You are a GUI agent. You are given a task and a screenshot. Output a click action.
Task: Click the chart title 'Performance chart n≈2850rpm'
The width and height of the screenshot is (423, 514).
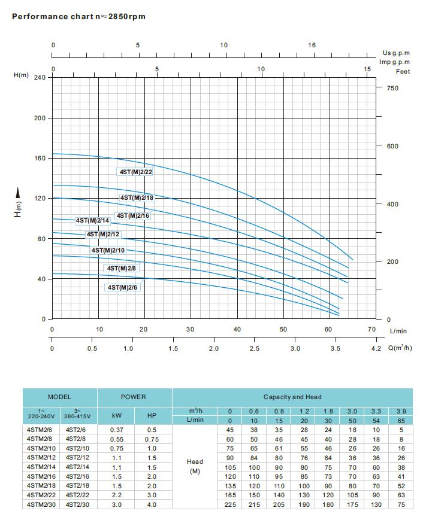[78, 16]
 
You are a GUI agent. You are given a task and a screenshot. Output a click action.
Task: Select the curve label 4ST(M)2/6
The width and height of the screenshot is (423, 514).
[122, 287]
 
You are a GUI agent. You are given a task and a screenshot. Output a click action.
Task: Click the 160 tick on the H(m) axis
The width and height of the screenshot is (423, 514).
[39, 159]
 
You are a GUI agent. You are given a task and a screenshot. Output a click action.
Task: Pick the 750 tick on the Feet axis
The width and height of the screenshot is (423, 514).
[392, 88]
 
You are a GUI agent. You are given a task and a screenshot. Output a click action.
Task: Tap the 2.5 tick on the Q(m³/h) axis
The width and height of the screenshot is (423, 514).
[254, 348]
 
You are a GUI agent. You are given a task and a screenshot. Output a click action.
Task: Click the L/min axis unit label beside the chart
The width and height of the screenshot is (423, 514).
[397, 330]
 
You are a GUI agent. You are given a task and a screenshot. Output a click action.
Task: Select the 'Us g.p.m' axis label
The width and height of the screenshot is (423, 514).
[396, 53]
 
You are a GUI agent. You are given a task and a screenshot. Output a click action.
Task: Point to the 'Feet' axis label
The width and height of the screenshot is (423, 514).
[403, 71]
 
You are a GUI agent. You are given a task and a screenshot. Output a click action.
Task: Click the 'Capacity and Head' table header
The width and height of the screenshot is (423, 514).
[292, 397]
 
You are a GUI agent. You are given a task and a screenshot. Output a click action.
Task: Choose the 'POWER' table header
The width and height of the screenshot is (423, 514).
[133, 397]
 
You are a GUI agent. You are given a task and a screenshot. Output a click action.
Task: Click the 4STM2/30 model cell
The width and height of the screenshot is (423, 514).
[41, 504]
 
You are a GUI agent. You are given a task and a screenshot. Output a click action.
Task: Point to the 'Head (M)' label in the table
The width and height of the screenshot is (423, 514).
[194, 466]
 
